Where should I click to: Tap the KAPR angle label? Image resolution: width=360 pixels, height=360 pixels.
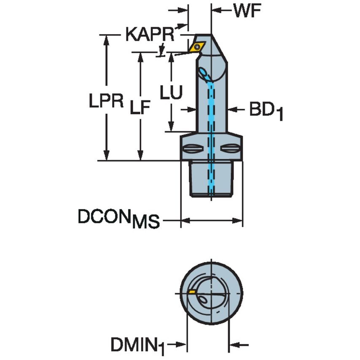(x=150, y=35)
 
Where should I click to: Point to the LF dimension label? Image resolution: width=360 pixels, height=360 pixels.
(x=140, y=108)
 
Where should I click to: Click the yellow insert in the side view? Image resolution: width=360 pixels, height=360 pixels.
(x=197, y=46)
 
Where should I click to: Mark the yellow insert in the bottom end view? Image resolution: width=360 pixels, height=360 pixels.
(x=192, y=292)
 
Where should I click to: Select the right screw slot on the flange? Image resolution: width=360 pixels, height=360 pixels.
(x=230, y=148)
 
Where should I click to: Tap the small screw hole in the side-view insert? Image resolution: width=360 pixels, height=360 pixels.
(x=196, y=46)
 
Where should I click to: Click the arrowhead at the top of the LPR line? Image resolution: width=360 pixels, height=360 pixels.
(x=106, y=38)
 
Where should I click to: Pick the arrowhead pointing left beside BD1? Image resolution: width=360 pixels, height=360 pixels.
(x=232, y=110)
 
